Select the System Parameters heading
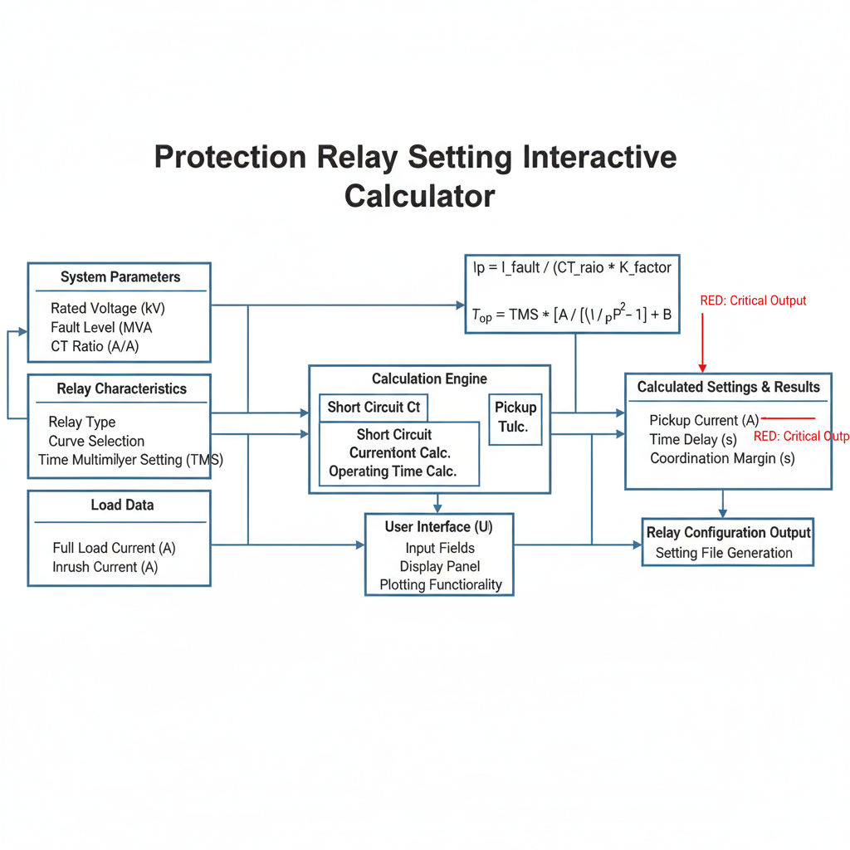click(x=120, y=277)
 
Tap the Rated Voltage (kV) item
click(x=107, y=308)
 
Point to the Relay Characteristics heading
click(x=121, y=388)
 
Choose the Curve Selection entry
click(x=96, y=441)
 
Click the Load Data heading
click(x=122, y=505)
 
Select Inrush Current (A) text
click(x=105, y=567)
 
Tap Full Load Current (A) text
click(x=114, y=548)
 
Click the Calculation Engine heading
click(x=429, y=379)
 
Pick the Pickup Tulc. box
click(x=515, y=418)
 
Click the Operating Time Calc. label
click(x=393, y=471)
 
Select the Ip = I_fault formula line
click(x=572, y=267)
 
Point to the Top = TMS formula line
click(x=571, y=315)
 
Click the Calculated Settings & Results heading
click(x=728, y=387)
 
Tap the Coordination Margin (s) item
click(x=722, y=458)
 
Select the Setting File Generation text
click(x=724, y=553)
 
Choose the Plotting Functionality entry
click(x=441, y=584)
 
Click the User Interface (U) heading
click(x=438, y=527)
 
